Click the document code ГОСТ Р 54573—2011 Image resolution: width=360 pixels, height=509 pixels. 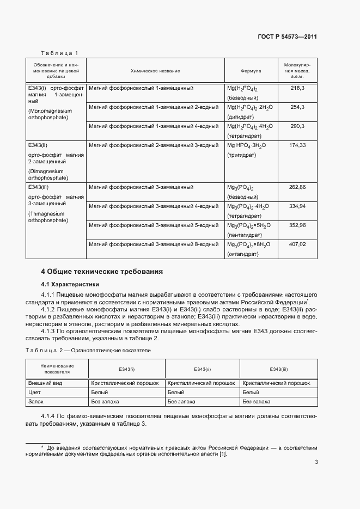coord(287,37)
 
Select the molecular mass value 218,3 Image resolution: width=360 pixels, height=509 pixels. coord(297,88)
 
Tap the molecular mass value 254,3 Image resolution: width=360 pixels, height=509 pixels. coord(297,107)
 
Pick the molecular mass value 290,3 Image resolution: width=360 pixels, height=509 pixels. coord(297,126)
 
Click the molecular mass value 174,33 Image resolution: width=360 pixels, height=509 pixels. coord(297,145)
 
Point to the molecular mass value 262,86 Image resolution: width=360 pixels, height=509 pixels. coord(297,187)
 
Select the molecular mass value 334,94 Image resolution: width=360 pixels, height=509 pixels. coord(297,206)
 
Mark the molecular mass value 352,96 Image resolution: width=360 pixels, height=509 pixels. coord(297,225)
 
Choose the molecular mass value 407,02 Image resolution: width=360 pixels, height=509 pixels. coord(297,244)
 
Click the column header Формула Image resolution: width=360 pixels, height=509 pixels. coord(251,71)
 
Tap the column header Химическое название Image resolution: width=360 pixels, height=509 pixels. coord(155,71)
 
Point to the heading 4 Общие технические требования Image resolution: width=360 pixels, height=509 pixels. coord(102,272)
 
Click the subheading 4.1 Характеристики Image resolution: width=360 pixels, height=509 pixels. coord(70,284)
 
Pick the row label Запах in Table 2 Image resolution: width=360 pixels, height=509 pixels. coord(36,402)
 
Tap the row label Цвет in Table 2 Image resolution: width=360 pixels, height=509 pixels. coord(34,393)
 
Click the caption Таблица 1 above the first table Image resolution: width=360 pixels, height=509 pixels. coord(60,53)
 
